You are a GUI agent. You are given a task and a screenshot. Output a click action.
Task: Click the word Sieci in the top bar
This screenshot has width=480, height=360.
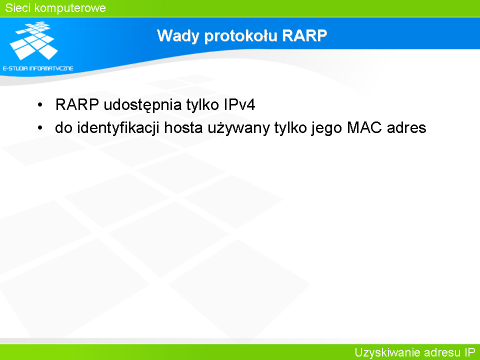(x=17, y=8)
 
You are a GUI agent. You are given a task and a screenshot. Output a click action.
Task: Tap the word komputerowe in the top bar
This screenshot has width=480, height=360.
(x=70, y=8)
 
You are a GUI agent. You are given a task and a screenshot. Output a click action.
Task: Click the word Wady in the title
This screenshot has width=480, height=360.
(x=178, y=36)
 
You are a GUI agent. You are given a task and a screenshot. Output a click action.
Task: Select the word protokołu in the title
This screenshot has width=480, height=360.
(x=241, y=36)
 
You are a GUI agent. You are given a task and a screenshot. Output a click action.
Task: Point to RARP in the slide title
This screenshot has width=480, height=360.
(x=304, y=35)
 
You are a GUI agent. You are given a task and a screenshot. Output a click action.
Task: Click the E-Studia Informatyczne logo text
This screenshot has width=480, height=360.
(x=38, y=68)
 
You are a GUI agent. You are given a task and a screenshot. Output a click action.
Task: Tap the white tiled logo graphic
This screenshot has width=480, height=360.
(x=33, y=40)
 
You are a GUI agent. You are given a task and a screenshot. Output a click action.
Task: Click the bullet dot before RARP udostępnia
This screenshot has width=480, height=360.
(x=40, y=105)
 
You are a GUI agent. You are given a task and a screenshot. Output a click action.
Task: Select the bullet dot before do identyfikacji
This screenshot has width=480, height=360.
(x=40, y=128)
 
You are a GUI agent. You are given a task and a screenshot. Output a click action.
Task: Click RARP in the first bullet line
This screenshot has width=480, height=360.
(x=77, y=104)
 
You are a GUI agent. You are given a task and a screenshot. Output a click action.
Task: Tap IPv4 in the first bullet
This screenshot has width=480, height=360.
(x=239, y=104)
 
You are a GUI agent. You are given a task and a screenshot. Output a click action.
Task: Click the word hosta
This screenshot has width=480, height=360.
(x=183, y=127)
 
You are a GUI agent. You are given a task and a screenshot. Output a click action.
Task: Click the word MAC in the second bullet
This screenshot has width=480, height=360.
(x=364, y=127)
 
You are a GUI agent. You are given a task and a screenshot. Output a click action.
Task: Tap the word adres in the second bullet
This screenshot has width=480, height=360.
(x=406, y=127)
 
